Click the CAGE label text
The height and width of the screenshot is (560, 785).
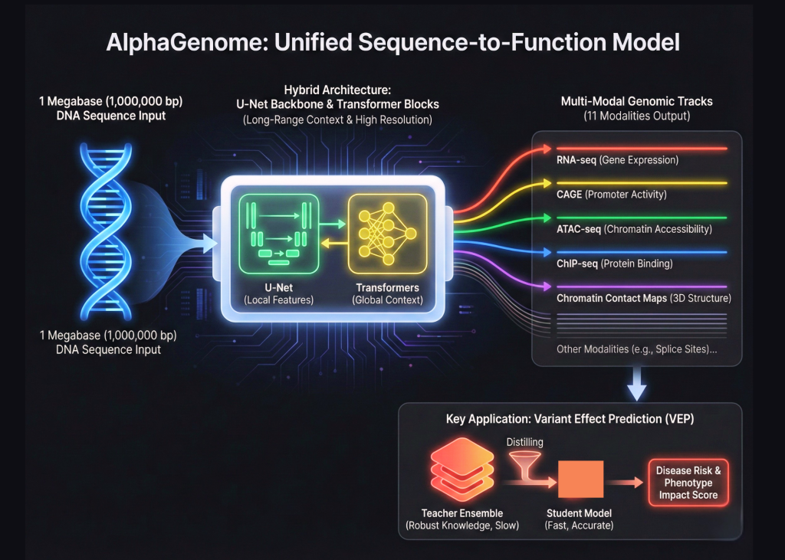(569, 195)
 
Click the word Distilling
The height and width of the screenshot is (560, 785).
(525, 442)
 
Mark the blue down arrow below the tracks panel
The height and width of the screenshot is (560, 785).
(636, 385)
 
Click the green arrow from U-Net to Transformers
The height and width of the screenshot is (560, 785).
(331, 224)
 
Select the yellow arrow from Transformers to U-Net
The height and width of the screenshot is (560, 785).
(331, 244)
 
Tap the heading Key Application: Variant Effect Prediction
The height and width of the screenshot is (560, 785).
(570, 419)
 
